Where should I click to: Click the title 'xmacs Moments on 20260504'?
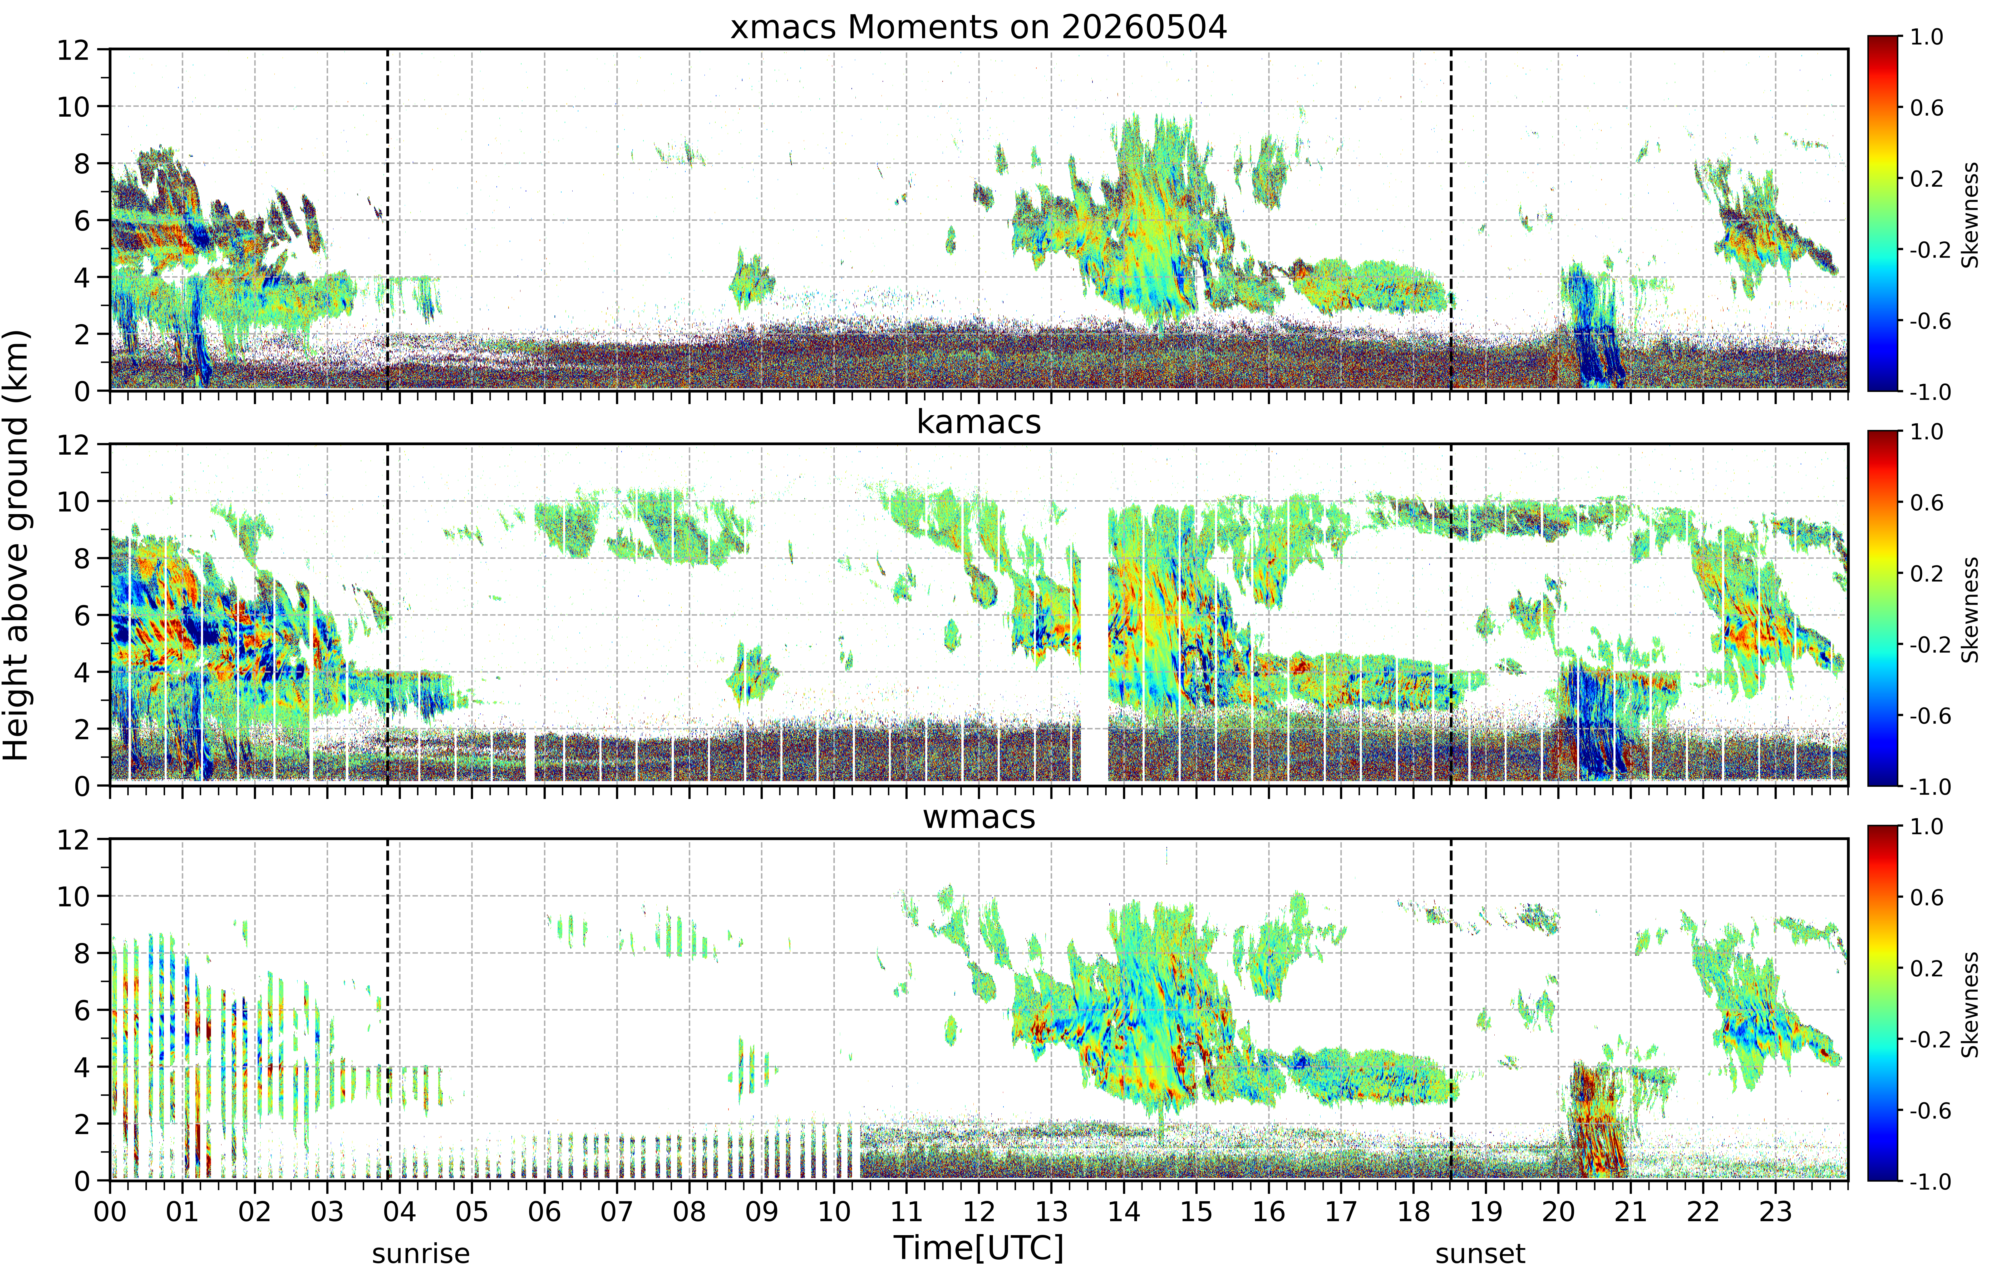(979, 27)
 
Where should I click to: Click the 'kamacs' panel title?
(979, 422)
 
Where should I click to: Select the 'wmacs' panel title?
(979, 817)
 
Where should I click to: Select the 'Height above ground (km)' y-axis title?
(17, 545)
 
